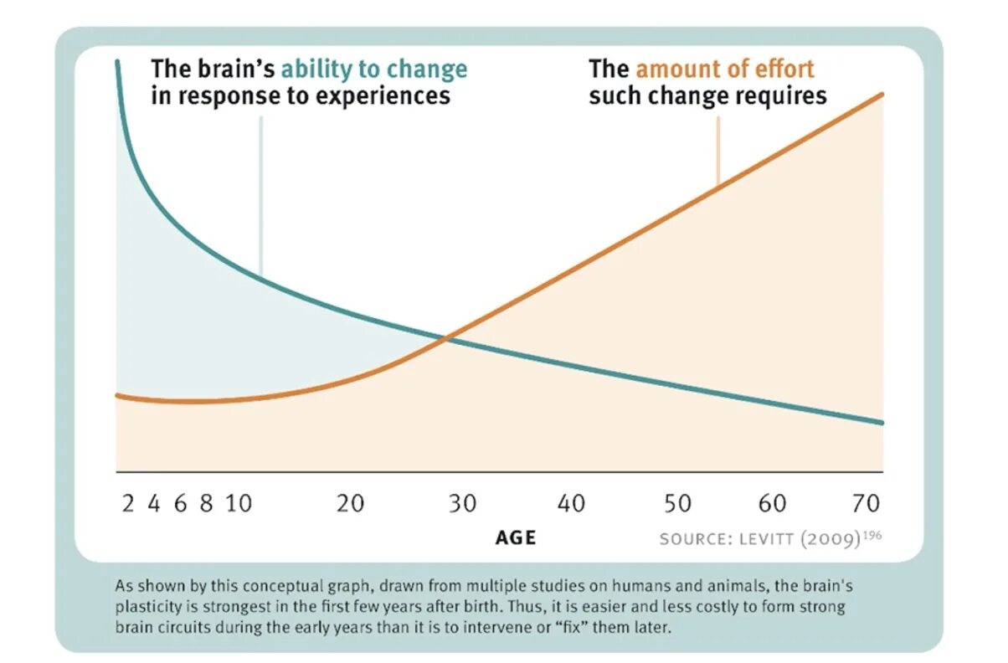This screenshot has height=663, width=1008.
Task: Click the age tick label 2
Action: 128,504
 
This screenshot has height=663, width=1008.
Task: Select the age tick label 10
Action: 239,504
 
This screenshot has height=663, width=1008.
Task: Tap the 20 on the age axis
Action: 351,504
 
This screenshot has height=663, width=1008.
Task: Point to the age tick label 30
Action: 461,504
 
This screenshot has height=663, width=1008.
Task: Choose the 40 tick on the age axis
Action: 572,504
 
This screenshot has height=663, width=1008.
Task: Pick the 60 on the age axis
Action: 773,504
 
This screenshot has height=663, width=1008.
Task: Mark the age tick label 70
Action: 867,504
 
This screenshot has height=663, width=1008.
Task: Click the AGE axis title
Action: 515,537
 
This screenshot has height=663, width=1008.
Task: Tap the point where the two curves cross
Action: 447,338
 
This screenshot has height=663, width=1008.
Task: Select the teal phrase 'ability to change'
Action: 374,69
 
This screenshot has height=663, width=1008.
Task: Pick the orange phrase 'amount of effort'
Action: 725,69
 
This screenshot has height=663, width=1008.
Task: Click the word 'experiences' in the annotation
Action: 383,95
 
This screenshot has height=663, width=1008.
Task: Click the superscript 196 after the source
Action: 872,534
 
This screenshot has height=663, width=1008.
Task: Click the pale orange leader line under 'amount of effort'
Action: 717,151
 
